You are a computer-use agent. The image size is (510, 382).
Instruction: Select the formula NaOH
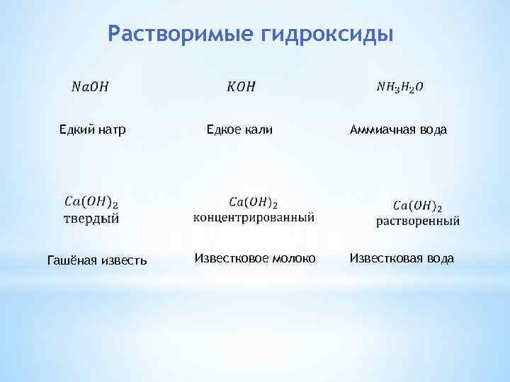pos(91,88)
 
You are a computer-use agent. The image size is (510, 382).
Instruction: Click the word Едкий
pos(75,129)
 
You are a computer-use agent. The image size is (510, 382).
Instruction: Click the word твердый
pos(92,218)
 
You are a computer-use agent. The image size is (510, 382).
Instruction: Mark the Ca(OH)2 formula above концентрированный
pos(254,202)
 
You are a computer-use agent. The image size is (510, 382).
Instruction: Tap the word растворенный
pos(417,221)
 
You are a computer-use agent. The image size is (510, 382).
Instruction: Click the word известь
pos(125,260)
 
